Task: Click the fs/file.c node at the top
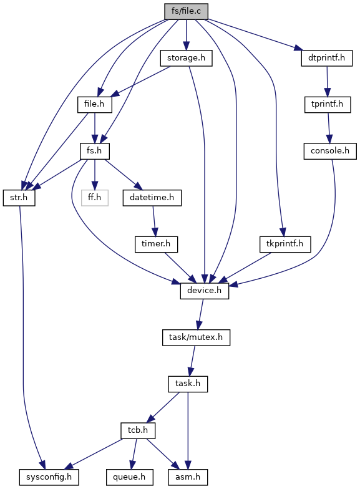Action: (186, 11)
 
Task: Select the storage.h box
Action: (186, 58)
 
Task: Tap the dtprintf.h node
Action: (327, 58)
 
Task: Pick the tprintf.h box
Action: (328, 105)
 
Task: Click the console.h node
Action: (330, 151)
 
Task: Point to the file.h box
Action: (95, 105)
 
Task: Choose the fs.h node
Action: (95, 151)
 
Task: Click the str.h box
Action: (19, 198)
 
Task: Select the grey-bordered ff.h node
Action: (95, 198)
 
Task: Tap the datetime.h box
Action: (152, 198)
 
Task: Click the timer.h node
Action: (156, 244)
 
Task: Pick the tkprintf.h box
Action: (285, 244)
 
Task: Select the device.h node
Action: (205, 291)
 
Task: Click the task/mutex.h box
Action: (196, 337)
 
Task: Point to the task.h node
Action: (188, 384)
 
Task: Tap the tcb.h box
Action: (138, 430)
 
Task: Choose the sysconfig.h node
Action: (49, 477)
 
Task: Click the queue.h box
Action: (130, 477)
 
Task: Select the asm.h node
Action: (188, 477)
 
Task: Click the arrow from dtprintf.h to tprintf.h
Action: (327, 81)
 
